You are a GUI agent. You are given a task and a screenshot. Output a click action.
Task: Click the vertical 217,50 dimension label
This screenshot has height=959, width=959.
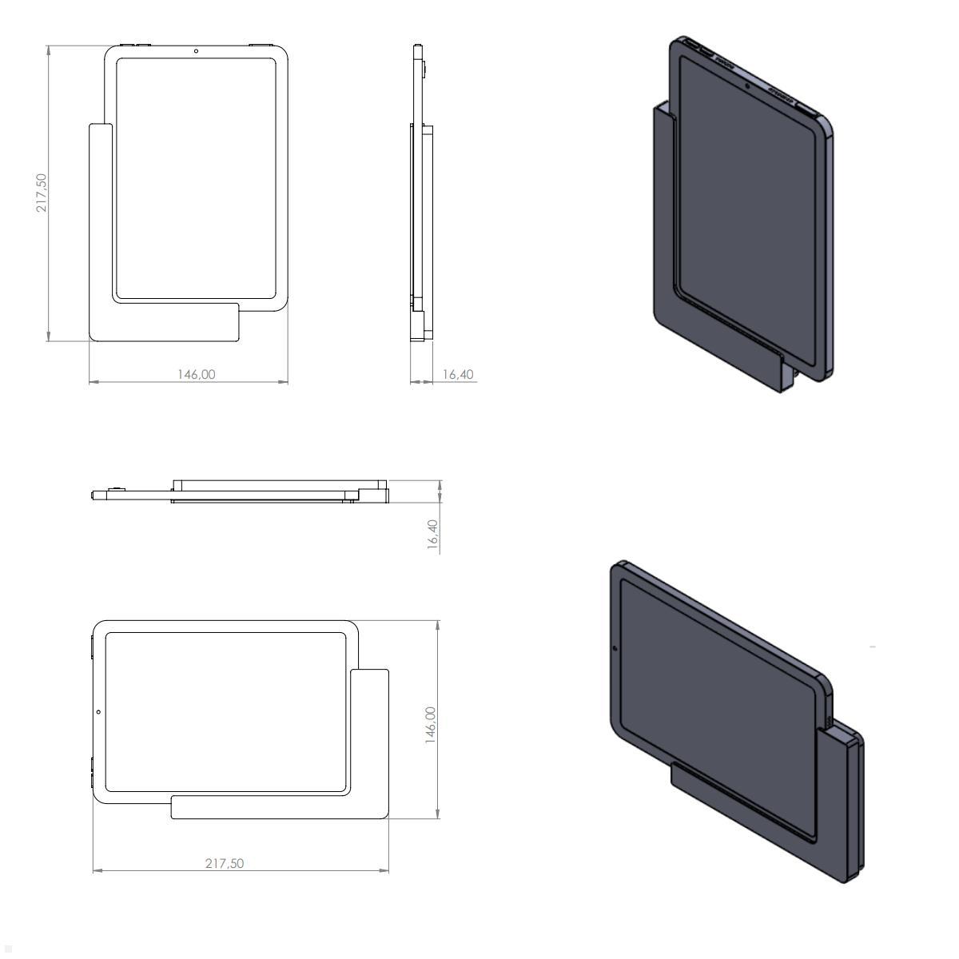point(42,193)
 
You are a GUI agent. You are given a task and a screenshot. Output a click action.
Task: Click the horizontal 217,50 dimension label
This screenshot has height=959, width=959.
point(225,863)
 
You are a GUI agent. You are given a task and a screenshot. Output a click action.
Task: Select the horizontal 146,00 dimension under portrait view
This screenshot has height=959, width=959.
point(196,374)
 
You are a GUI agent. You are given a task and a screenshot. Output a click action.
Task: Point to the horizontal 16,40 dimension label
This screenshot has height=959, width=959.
point(457,374)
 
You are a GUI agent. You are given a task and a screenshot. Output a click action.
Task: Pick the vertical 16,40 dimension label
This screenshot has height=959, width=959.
point(432,534)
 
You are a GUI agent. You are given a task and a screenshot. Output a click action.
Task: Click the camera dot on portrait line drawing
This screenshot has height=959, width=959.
point(196,51)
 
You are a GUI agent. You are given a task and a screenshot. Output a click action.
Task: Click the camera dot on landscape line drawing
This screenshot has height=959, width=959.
point(98,711)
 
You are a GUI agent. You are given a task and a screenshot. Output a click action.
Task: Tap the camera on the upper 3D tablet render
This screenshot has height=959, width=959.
point(747,85)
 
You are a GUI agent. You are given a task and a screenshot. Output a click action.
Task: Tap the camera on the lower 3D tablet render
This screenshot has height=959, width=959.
point(614,648)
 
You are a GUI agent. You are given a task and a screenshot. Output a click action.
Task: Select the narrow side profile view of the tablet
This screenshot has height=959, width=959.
point(420,192)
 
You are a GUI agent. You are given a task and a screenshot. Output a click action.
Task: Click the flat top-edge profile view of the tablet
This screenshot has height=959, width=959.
point(240,491)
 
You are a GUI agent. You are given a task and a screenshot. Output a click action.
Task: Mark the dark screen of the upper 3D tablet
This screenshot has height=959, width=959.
point(747,224)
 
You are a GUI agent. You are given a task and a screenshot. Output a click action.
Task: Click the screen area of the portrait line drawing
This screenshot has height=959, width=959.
point(196,176)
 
